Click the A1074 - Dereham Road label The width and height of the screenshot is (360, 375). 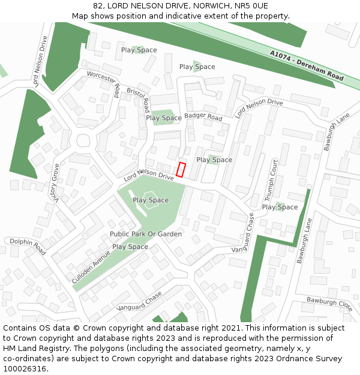[x=306, y=66]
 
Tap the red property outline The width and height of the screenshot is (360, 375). [x=181, y=170]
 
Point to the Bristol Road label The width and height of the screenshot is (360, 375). [x=139, y=100]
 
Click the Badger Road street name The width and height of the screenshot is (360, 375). [x=203, y=116]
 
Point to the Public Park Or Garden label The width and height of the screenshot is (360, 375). [x=145, y=234]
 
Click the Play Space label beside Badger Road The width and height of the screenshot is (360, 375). [x=164, y=118]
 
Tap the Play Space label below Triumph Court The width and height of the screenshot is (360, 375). [x=280, y=207]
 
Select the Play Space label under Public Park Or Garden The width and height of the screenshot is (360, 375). [x=130, y=247]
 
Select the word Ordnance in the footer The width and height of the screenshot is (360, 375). [x=283, y=359]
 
